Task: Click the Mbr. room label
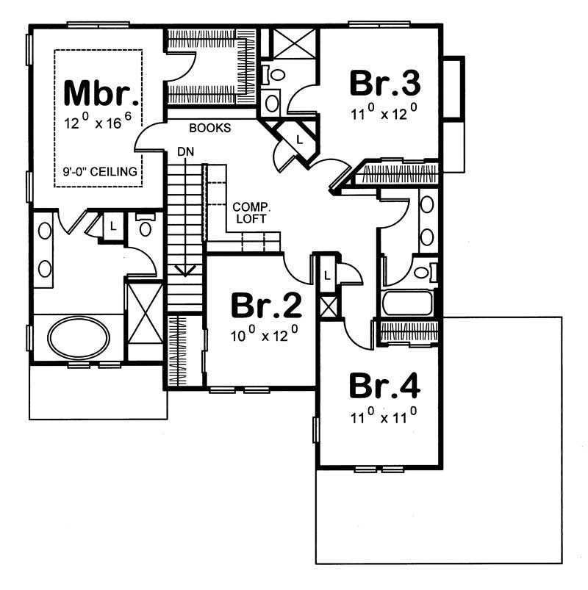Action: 101,93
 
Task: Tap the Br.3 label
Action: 385,83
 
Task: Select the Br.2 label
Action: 262,306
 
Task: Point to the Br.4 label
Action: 385,385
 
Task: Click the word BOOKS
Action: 210,128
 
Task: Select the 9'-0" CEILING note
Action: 100,173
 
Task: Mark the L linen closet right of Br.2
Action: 326,275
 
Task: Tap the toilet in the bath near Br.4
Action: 423,273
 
